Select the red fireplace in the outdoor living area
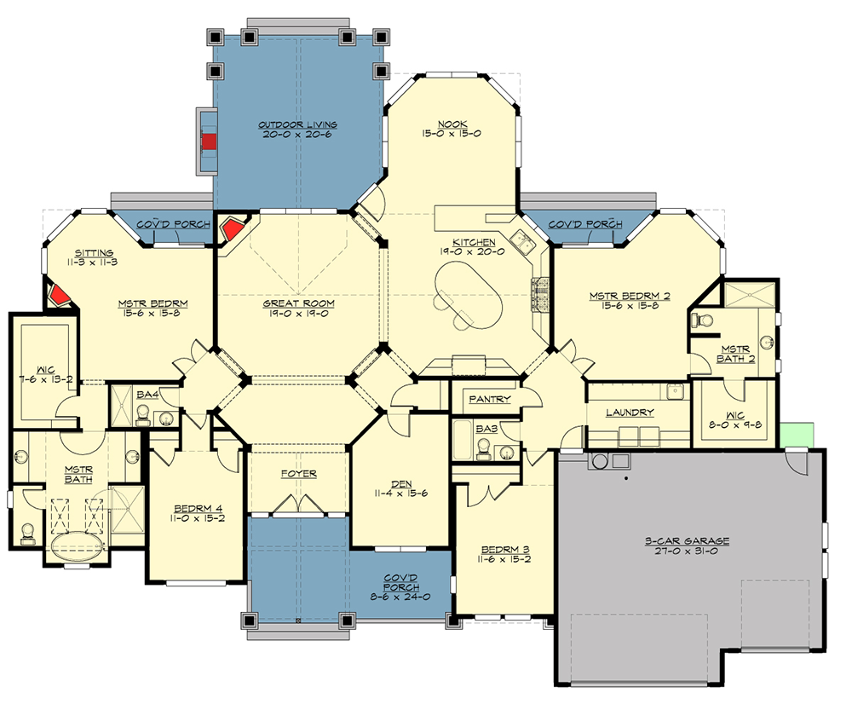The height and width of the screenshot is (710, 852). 208,141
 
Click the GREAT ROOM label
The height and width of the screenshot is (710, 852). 298,303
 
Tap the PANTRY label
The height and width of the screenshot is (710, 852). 490,399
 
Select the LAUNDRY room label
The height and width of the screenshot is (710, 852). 630,413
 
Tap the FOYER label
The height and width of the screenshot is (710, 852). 298,474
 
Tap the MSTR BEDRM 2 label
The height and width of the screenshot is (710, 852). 630,297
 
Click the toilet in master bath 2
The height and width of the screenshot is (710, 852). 702,320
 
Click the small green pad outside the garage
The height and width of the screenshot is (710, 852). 799,433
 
